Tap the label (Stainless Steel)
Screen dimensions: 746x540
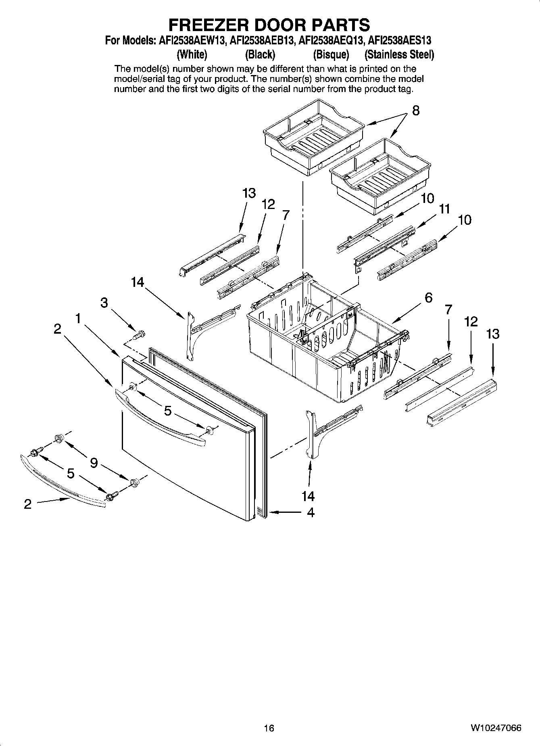[x=399, y=54]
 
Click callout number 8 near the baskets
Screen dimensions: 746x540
[x=416, y=111]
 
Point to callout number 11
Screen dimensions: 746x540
[x=444, y=209]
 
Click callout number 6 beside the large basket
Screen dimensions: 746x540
[x=428, y=298]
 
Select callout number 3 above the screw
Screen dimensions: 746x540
[x=104, y=303]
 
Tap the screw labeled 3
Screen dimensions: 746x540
[x=139, y=334]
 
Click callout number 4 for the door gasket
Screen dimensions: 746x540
[x=310, y=512]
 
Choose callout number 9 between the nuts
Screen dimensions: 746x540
[x=94, y=463]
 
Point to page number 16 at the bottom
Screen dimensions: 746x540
[x=269, y=728]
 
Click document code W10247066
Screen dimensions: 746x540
[x=495, y=728]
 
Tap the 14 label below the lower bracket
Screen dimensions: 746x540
[x=308, y=496]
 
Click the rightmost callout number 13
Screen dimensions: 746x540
[x=492, y=334]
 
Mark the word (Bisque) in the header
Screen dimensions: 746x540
[x=331, y=54]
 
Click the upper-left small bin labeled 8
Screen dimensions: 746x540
[x=313, y=137]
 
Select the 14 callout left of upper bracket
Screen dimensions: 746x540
[x=137, y=282]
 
